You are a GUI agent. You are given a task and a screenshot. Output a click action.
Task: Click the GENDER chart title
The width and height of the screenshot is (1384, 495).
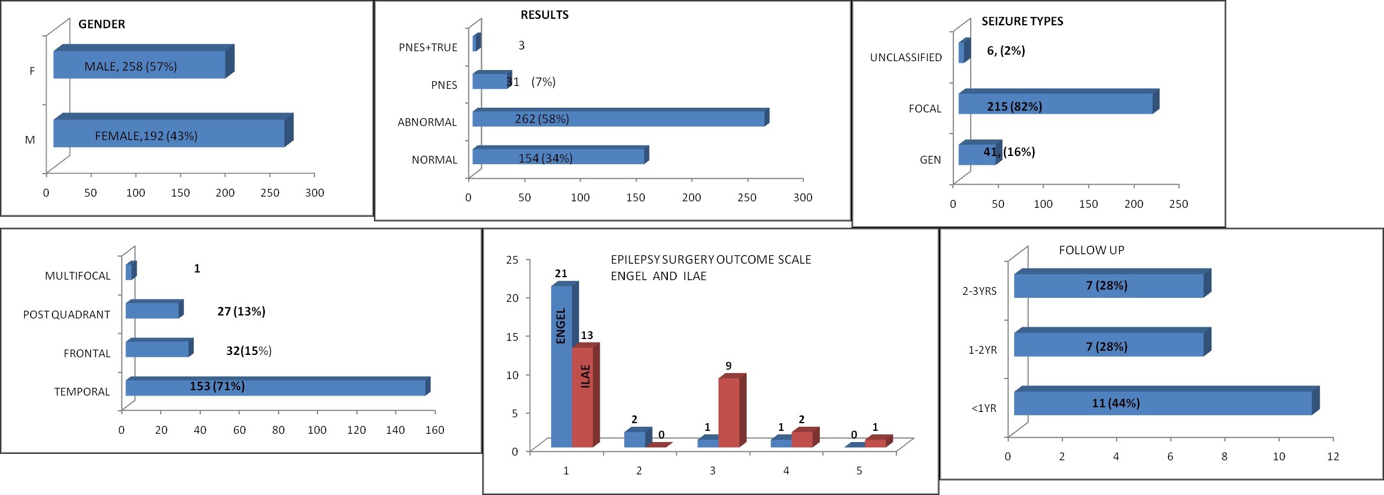(101, 24)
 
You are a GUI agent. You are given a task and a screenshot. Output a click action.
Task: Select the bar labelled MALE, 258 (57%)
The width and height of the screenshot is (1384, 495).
(140, 65)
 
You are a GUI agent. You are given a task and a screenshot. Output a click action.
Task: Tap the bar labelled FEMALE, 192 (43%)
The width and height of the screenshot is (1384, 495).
(169, 133)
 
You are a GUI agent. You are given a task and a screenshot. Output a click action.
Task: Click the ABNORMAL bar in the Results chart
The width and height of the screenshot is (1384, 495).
(618, 118)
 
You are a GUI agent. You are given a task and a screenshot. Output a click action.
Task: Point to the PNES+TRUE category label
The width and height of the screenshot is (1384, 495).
(428, 48)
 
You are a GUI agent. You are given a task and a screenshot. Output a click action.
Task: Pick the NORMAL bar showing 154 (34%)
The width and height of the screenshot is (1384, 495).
(558, 157)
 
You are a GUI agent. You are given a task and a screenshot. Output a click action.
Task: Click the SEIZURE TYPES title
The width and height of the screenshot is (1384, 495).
(1022, 21)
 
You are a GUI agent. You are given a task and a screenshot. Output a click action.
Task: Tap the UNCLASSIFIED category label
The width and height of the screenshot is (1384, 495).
(906, 58)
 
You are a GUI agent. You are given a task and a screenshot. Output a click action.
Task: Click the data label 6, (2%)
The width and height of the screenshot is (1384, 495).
(1006, 51)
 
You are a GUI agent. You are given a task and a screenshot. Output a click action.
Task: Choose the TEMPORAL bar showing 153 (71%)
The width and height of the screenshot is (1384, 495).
(275, 387)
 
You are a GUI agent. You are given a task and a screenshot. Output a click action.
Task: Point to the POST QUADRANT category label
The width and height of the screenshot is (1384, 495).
(67, 315)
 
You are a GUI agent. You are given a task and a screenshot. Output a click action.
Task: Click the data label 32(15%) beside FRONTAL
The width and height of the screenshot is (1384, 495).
(249, 351)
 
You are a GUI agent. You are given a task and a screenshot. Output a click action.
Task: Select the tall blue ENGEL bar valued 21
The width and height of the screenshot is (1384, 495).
(561, 365)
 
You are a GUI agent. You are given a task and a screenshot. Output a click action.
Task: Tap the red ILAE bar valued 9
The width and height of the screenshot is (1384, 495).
(729, 412)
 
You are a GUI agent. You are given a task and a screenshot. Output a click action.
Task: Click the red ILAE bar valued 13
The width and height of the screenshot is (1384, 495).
(582, 397)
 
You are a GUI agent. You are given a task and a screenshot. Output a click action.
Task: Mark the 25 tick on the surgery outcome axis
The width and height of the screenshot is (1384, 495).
(512, 260)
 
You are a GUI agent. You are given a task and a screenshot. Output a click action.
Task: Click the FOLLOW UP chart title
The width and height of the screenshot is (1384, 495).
(1091, 250)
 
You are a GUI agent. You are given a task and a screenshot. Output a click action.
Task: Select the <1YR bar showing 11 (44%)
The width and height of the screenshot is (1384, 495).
(1163, 403)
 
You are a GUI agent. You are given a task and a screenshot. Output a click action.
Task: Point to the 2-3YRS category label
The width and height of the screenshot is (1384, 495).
(979, 291)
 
